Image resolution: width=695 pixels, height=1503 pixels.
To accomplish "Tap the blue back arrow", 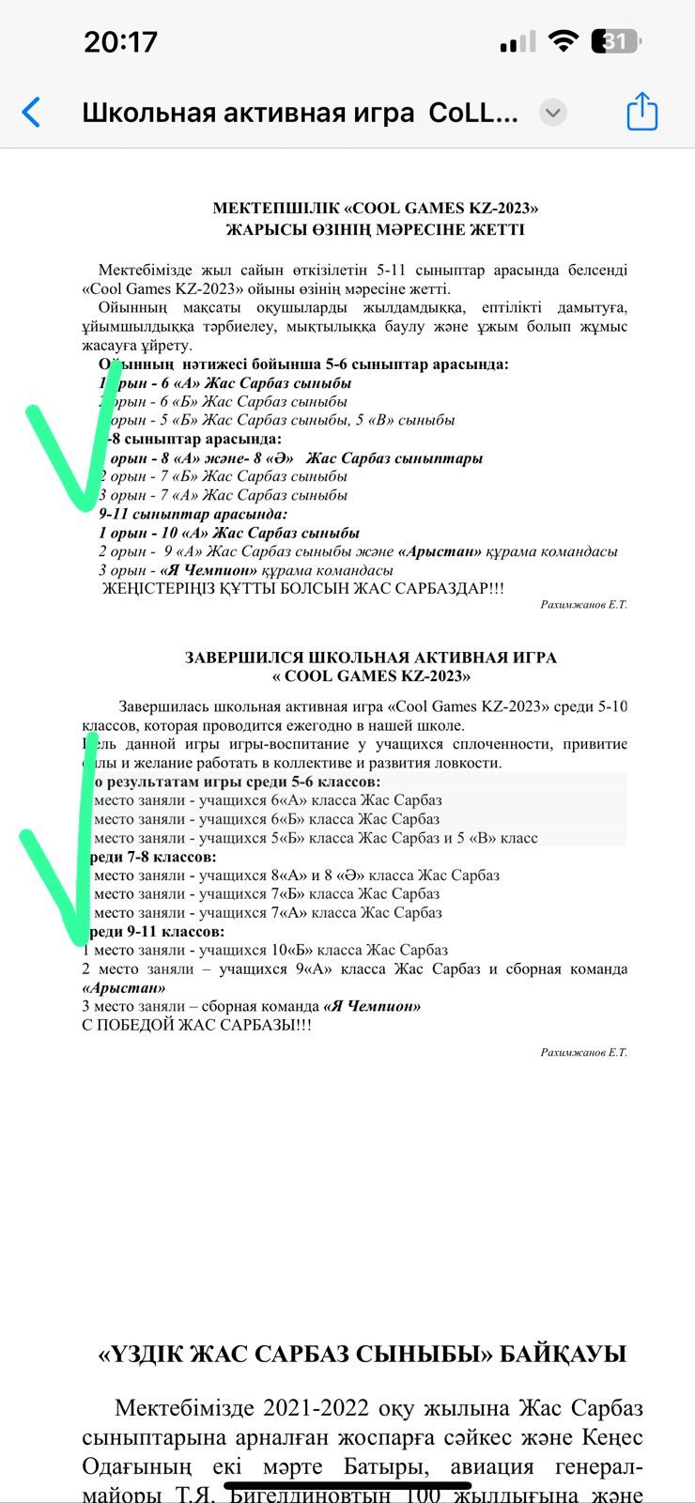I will coord(32,112).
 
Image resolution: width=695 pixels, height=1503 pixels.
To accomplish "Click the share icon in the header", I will coord(641,112).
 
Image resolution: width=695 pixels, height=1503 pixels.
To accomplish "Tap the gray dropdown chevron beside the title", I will coord(553,113).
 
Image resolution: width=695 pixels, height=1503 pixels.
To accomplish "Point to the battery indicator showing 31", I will coord(616,41).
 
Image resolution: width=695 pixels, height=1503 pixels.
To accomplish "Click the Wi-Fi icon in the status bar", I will coord(564,41).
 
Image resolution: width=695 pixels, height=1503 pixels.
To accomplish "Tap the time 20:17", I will coord(120,41).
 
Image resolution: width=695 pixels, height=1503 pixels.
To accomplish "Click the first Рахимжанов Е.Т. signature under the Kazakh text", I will coord(583,604).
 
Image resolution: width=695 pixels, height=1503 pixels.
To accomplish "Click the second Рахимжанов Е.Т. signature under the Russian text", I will coord(583,1052).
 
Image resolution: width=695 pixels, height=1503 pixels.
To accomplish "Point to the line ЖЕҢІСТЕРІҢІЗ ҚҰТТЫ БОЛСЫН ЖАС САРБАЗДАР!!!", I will coord(302,589).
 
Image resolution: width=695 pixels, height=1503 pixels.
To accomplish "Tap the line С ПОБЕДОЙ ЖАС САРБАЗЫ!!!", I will coord(197,1025).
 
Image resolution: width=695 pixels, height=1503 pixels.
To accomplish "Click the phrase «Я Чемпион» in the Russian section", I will coord(372,1006).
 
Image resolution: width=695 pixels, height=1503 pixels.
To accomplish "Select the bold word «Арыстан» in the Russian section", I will coord(124,987).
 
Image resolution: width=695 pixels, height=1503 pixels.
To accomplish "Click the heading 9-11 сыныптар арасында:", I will coord(193,514).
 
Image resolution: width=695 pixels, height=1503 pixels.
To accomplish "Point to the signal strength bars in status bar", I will coord(517,42).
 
